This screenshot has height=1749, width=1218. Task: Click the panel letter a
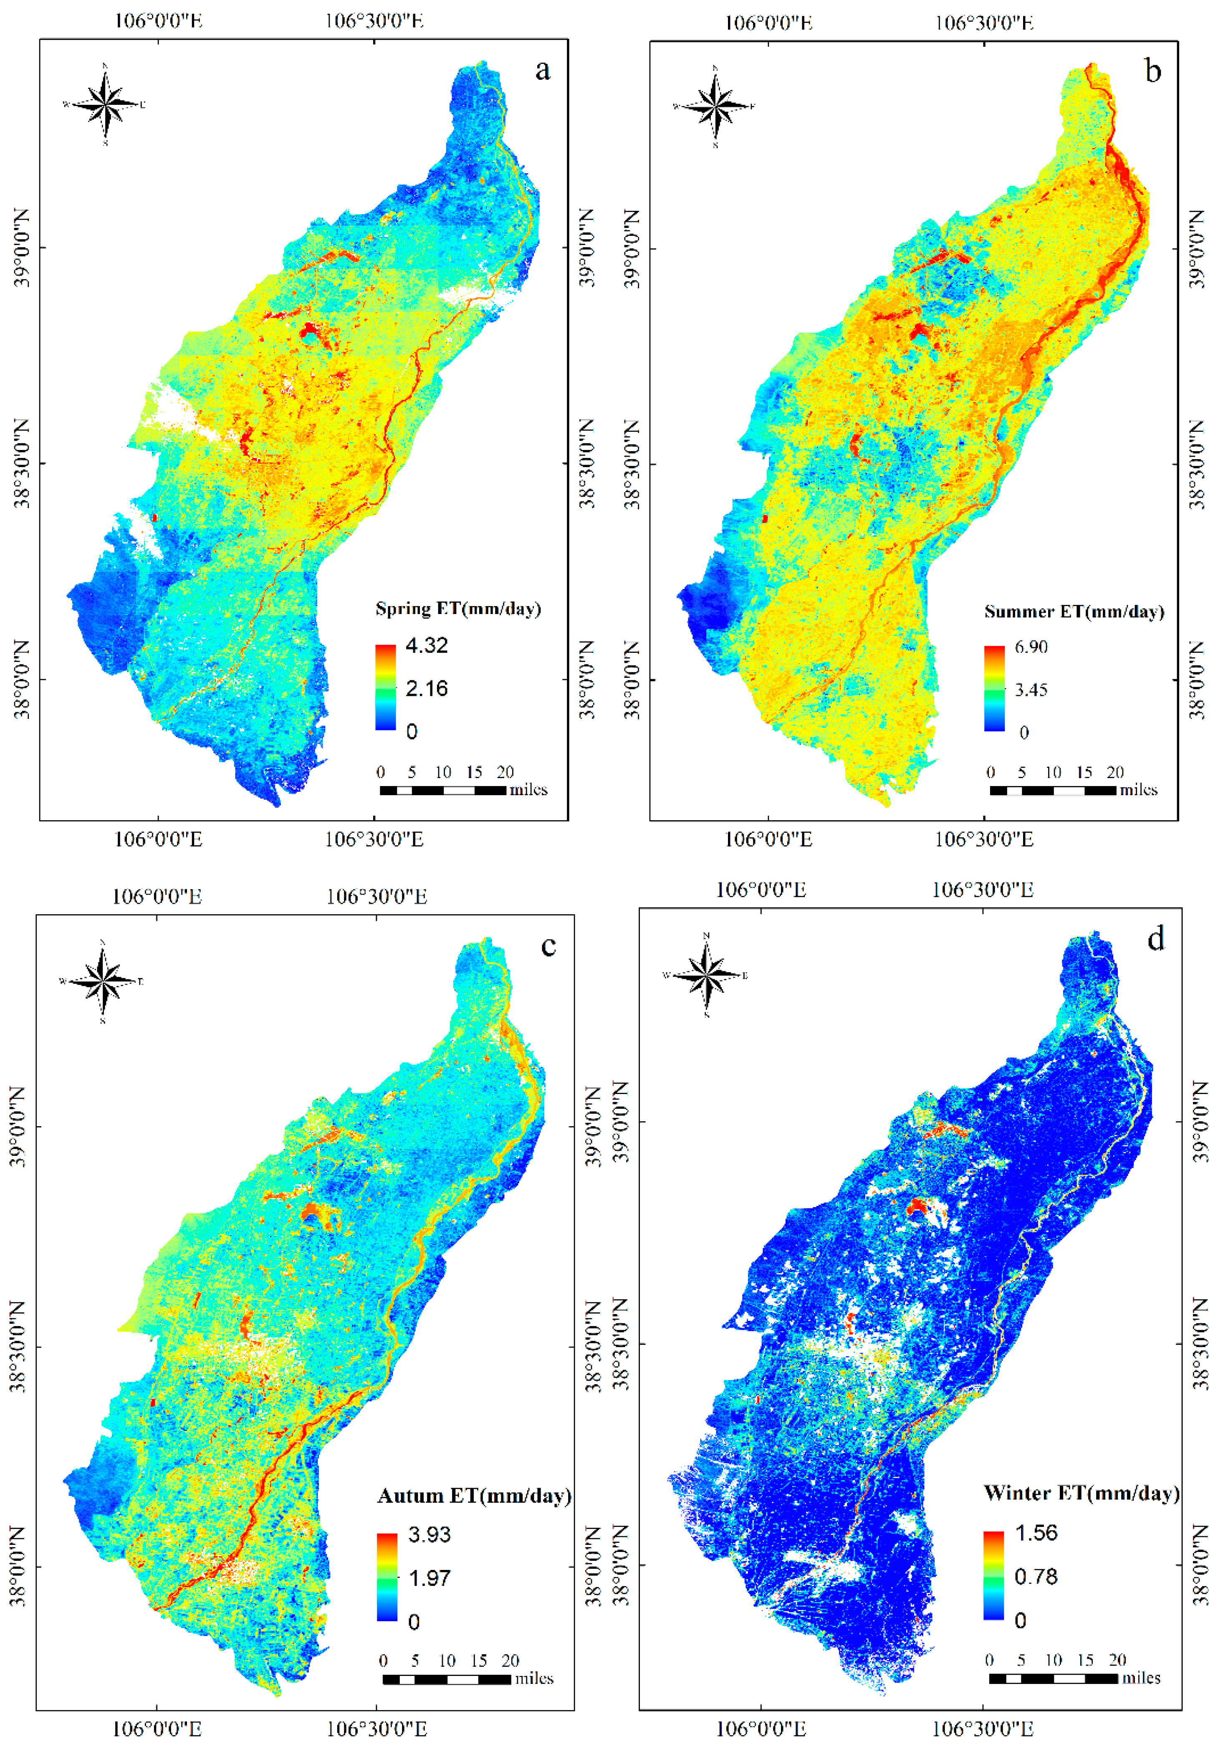click(x=542, y=70)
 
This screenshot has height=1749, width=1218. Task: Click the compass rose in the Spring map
click(x=105, y=104)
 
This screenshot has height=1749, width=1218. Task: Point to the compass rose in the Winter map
click(x=707, y=975)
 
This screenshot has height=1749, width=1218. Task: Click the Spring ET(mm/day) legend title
click(x=458, y=609)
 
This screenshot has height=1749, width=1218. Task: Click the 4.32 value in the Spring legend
click(x=427, y=645)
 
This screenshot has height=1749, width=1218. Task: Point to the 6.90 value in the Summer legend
click(x=1031, y=647)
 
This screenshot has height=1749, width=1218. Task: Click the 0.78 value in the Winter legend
click(x=1036, y=1576)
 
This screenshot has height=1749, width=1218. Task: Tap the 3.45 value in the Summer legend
click(x=1031, y=690)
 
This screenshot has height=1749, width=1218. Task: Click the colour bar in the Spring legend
click(x=385, y=688)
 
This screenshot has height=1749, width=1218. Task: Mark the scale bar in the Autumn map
click(x=446, y=1679)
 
